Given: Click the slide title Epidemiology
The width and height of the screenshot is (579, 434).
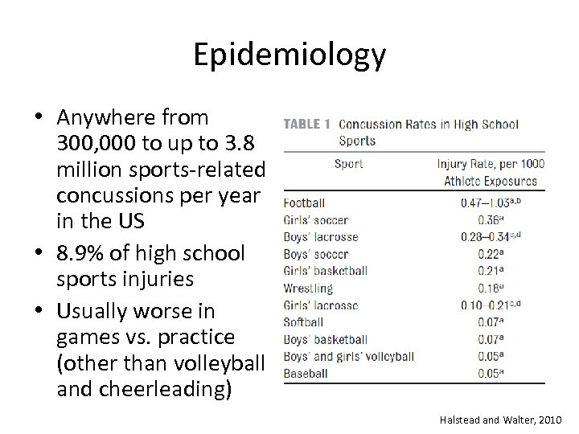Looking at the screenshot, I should click(x=289, y=55).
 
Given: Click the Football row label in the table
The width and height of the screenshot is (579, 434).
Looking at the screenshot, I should click(x=304, y=203).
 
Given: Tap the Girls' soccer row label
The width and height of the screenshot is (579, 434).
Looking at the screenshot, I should click(x=316, y=220).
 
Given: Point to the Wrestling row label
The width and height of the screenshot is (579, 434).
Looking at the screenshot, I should click(x=308, y=288).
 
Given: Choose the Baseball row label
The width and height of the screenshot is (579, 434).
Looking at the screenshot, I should click(x=306, y=373).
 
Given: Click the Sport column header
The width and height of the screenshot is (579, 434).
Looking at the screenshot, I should click(x=348, y=164).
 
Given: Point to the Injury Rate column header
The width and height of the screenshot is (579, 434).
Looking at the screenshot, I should click(x=491, y=172).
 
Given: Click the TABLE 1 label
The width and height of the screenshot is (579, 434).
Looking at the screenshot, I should click(x=307, y=125).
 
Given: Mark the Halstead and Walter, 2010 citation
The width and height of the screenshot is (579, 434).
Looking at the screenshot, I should click(x=501, y=420).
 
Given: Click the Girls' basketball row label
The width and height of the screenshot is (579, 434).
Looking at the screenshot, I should click(x=326, y=271).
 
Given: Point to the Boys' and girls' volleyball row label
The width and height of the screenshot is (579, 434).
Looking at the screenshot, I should click(x=348, y=356).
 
